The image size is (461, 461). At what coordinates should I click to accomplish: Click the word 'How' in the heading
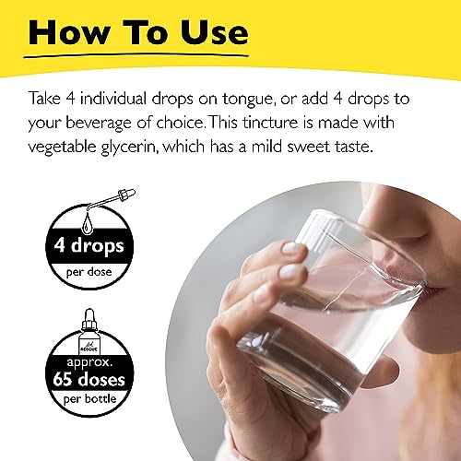[x=69, y=32]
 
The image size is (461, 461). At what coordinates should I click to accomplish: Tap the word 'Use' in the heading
[x=214, y=32]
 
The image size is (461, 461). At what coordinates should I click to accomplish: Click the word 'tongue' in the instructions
[x=248, y=100]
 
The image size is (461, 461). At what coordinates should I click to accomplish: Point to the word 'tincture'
[x=270, y=123]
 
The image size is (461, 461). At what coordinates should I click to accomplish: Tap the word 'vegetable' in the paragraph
[x=63, y=148]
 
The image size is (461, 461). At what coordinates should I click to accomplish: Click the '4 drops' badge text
[x=89, y=246]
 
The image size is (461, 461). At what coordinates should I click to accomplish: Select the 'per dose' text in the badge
[x=89, y=273]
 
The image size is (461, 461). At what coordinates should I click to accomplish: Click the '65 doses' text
[x=89, y=380]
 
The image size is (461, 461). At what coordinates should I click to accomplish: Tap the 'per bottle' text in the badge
[x=89, y=399]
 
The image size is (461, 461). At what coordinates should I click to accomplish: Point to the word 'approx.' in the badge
[x=89, y=363]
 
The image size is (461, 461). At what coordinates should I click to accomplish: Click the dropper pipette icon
[x=112, y=199]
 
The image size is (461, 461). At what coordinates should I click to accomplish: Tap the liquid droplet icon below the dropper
[x=88, y=223]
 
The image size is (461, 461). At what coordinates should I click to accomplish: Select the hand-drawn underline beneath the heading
[x=136, y=56]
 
